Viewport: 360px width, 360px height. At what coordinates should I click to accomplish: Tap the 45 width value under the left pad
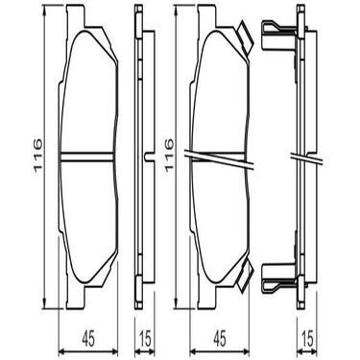(x=87, y=337)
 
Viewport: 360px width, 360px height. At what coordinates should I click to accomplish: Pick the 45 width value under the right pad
(x=219, y=337)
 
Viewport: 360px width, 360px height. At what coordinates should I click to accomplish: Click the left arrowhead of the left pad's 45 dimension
(x=62, y=347)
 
